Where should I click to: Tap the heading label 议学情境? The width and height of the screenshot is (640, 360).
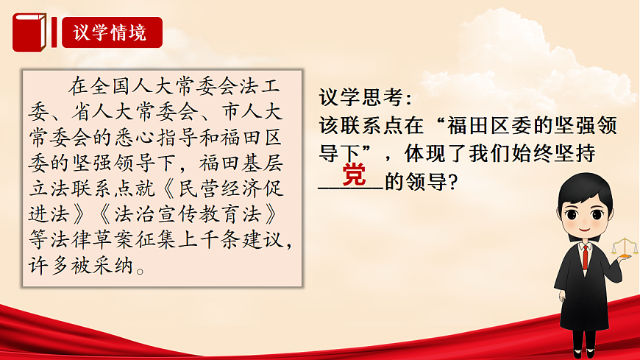point(110,33)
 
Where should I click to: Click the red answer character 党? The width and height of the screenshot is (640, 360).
point(354,177)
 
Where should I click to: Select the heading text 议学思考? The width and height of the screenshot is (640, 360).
point(361,97)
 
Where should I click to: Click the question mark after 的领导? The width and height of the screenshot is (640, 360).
point(453,181)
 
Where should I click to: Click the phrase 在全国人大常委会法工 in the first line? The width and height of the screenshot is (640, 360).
point(184,87)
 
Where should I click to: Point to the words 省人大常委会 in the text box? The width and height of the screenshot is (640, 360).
point(124,113)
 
